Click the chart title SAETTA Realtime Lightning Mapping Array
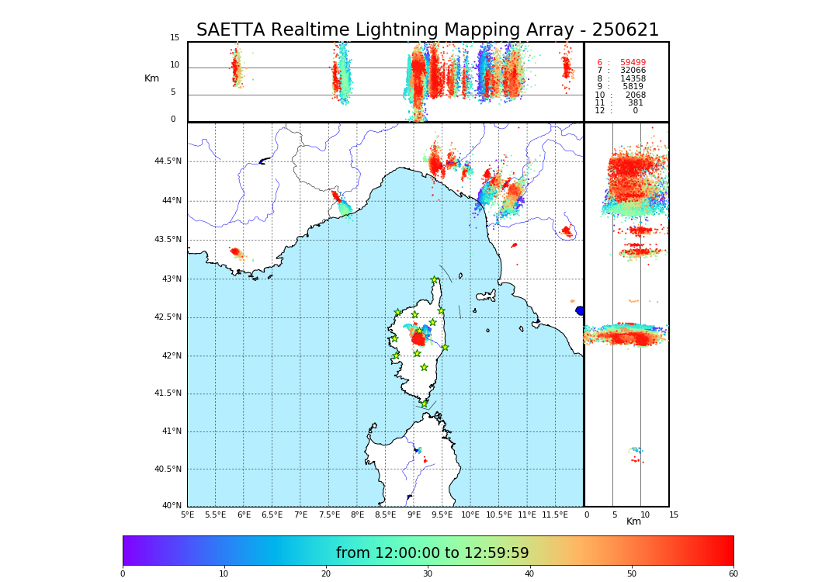coord(427,30)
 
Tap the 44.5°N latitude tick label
coord(168,161)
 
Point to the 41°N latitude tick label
coord(171,431)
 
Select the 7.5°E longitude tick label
coord(329,514)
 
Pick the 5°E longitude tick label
coord(187,514)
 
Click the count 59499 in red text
coord(633,63)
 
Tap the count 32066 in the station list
coord(633,71)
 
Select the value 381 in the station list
coord(636,103)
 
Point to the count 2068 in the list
coord(635,95)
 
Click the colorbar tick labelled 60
coord(733,573)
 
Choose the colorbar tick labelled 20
coord(326,573)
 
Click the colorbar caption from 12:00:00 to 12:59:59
coord(432,553)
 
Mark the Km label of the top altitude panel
coord(151,78)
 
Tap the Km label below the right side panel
coord(633,521)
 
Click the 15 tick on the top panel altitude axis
coord(175,38)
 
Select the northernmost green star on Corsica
coord(435,280)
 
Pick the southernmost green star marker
coord(424,404)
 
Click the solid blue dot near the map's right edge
coord(579,310)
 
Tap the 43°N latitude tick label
coord(171,279)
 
